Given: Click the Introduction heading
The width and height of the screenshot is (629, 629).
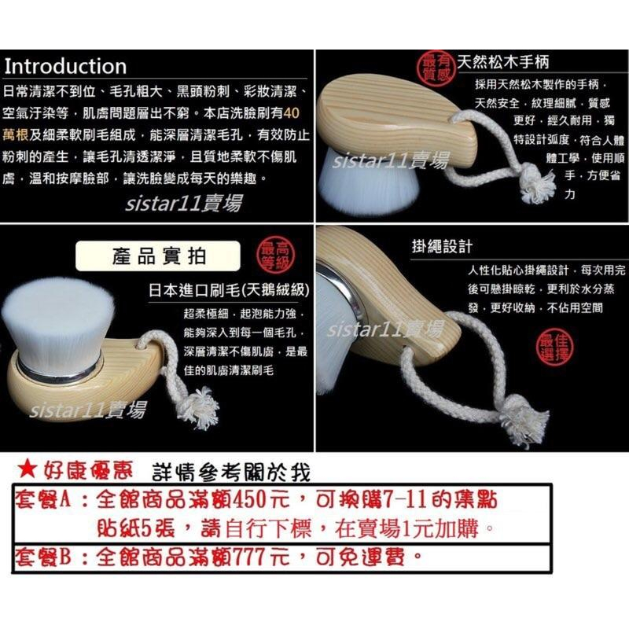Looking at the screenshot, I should point(65,66).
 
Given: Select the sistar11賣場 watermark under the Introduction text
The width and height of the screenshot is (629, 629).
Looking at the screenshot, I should point(183,203).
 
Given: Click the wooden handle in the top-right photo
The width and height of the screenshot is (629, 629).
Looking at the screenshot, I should point(393,110).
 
